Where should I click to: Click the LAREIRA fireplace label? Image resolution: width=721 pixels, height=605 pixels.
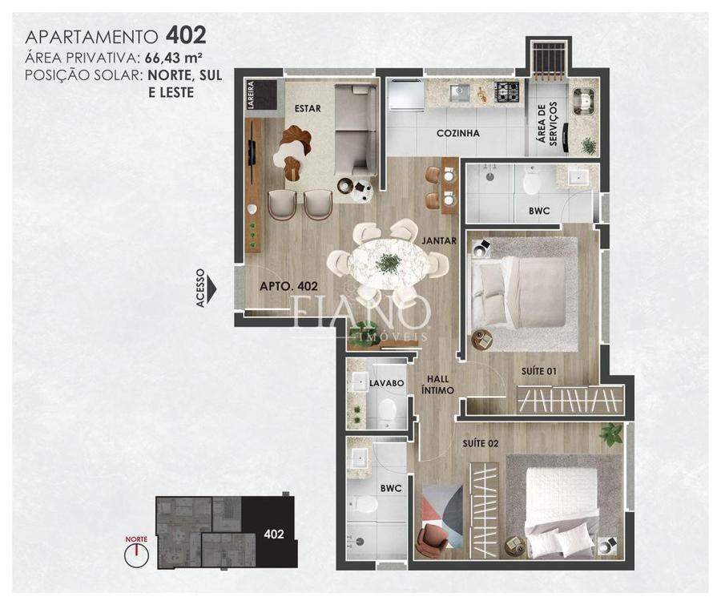[x=251, y=95]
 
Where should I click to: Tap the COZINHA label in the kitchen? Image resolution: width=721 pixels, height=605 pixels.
[x=458, y=134]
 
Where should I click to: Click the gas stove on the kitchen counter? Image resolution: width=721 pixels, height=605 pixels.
[x=507, y=91]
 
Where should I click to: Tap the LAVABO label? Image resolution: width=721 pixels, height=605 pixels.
[x=387, y=383]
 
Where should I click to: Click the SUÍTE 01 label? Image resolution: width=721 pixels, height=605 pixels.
[x=539, y=371]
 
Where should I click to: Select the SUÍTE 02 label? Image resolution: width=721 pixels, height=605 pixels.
[x=481, y=443]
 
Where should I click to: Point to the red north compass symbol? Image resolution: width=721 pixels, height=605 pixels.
[x=136, y=552]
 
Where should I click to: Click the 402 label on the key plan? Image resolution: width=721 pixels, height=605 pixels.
[x=274, y=534]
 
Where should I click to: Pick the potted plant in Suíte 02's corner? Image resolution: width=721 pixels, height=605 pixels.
[x=611, y=434]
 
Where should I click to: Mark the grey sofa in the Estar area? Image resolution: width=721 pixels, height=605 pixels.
[x=356, y=130]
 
